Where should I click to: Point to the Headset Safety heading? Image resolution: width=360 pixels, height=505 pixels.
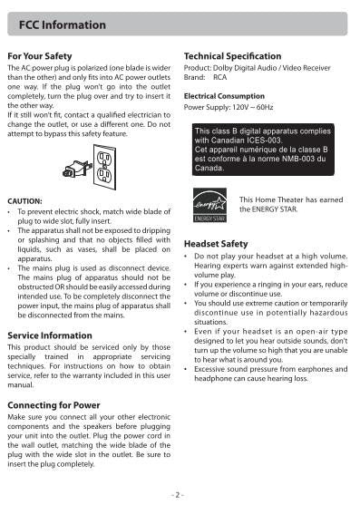point(215,244)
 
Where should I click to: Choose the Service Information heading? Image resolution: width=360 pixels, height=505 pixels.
point(49,335)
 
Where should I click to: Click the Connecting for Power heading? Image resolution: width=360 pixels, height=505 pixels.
point(59,404)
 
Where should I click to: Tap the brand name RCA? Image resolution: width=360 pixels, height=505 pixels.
point(220,78)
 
